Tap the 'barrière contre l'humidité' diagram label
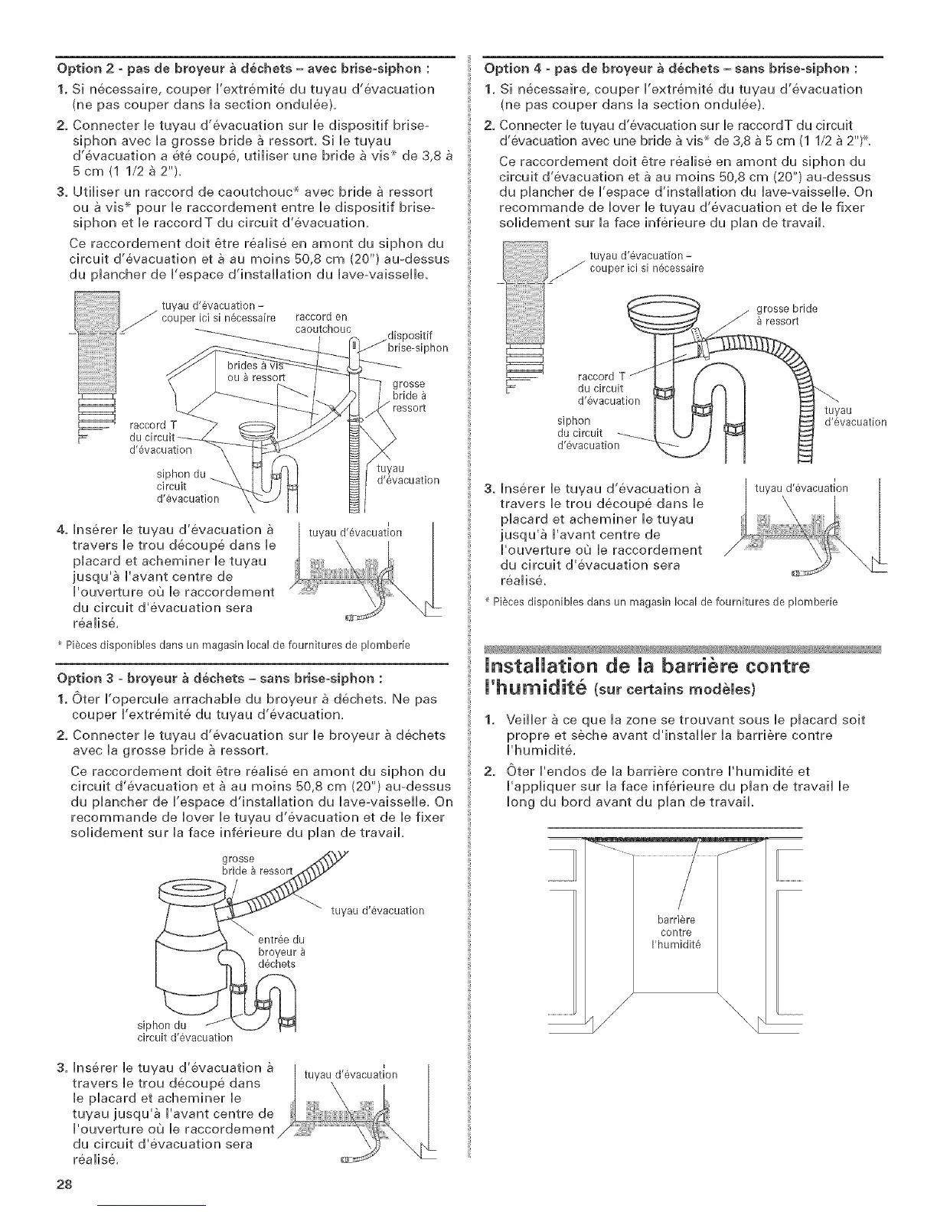(x=675, y=931)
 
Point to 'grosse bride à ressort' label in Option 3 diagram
(x=249, y=864)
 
